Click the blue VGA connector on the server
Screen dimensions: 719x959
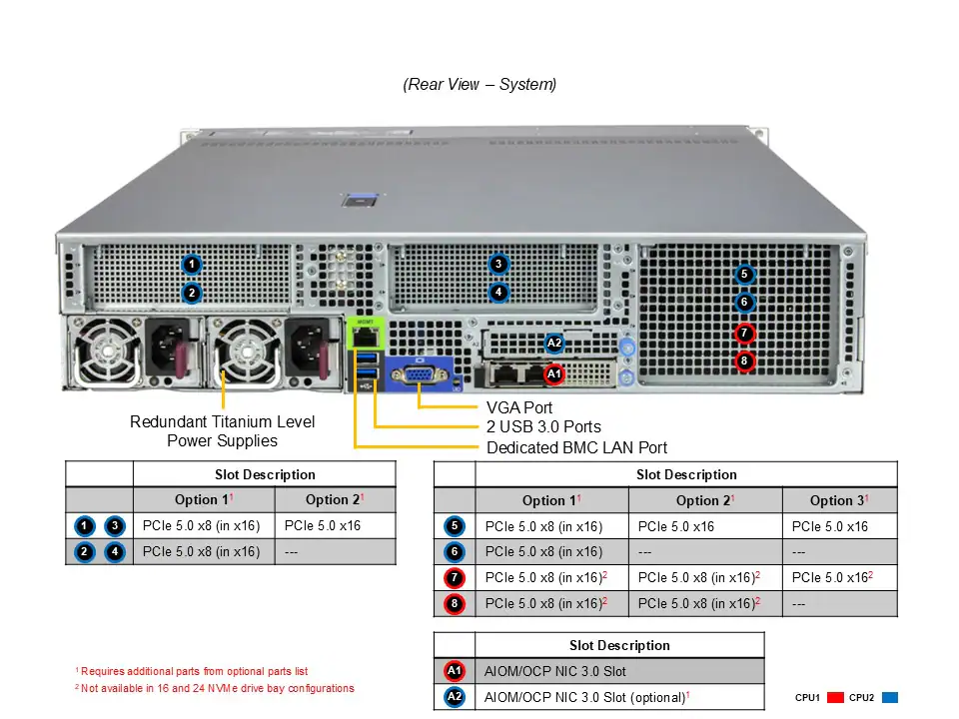[x=420, y=375]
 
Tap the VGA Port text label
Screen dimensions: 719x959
[x=518, y=407]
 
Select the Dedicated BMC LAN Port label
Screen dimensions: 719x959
[x=576, y=447]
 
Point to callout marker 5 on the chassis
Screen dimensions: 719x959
[x=744, y=275]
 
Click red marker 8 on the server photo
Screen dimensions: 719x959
[x=744, y=361]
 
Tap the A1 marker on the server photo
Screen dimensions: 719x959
[x=554, y=374]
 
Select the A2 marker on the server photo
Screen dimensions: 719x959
[x=554, y=344]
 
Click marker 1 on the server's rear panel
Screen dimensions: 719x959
[x=192, y=265]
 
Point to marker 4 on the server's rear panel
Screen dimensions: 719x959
[x=498, y=293]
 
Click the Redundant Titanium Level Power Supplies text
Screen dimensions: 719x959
[x=222, y=431]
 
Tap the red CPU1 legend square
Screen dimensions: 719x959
[x=836, y=698]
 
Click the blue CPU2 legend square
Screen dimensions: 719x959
[x=891, y=698]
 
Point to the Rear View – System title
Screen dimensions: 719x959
[x=479, y=85]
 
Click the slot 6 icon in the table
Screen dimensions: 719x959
[x=455, y=551]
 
